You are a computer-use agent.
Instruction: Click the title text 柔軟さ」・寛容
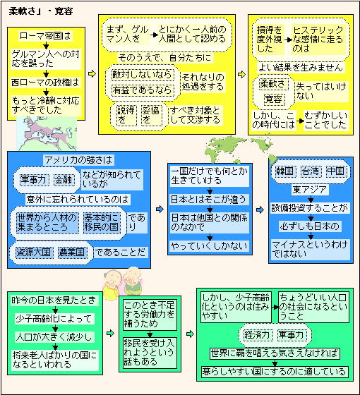[41, 11]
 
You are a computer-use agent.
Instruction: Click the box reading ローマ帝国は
[45, 36]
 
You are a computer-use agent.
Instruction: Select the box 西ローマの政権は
[45, 83]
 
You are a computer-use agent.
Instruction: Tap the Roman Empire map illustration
[47, 133]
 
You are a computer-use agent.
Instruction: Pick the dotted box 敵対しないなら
[143, 75]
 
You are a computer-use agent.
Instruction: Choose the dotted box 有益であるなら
[143, 90]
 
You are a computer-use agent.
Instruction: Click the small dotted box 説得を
[126, 116]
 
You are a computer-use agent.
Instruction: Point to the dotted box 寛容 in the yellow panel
[274, 99]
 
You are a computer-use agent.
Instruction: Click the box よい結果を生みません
[301, 68]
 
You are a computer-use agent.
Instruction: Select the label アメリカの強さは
[78, 160]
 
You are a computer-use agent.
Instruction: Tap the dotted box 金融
[64, 180]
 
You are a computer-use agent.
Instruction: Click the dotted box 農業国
[72, 253]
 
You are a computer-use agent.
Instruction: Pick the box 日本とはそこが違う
[209, 199]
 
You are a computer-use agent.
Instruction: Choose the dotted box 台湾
[311, 171]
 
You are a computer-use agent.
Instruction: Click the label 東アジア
[310, 190]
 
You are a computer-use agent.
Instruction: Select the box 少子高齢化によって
[54, 319]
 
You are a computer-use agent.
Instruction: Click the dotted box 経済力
[257, 335]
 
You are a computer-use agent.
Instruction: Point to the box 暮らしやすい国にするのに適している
[275, 372]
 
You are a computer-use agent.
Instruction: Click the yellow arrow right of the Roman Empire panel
[92, 74]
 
